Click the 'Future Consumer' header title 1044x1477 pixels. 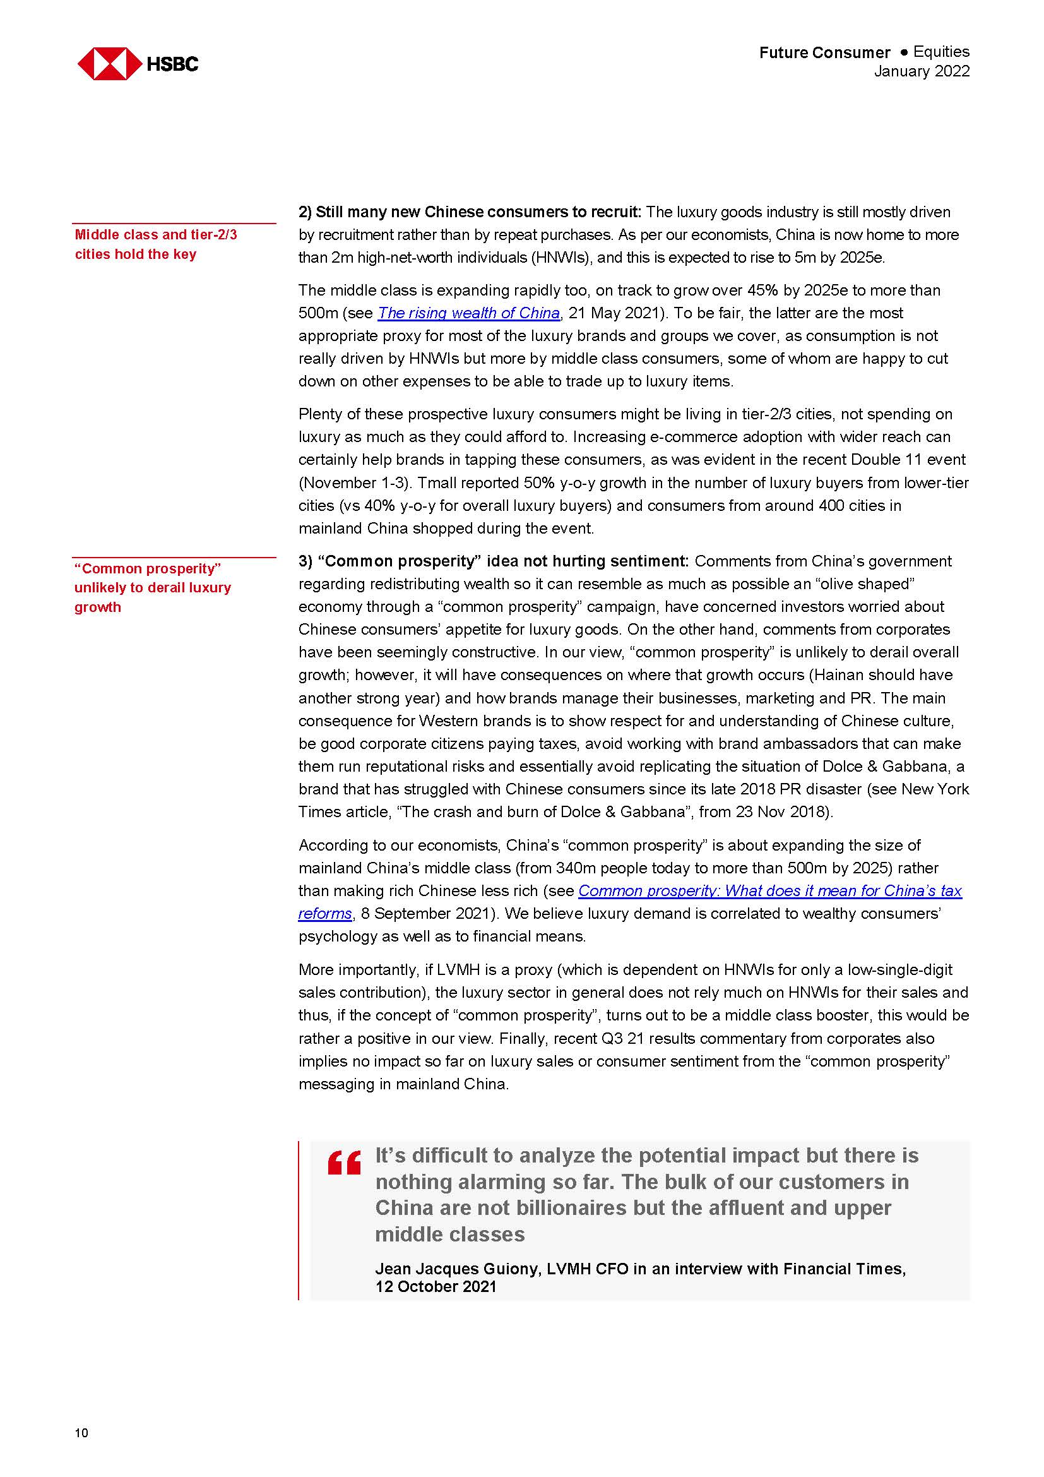(x=824, y=53)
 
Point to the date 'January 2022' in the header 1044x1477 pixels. (x=921, y=71)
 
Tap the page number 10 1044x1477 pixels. (x=81, y=1433)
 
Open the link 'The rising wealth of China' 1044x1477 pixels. (x=468, y=313)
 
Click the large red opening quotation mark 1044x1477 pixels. (x=344, y=1164)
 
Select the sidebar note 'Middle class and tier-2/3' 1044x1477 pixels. (x=155, y=235)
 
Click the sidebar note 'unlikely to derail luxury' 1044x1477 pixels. (x=152, y=588)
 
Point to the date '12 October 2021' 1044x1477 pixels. (x=436, y=1286)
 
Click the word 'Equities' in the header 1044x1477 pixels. (x=941, y=52)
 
